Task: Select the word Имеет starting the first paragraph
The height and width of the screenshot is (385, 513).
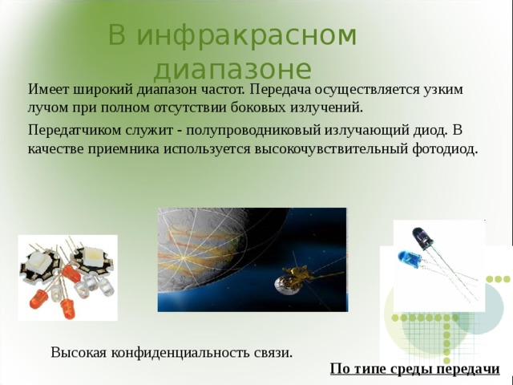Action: (48, 88)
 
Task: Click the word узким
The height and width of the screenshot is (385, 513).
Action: (442, 88)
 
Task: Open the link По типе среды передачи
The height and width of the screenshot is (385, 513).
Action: (414, 368)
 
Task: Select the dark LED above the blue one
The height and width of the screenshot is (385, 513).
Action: (422, 237)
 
